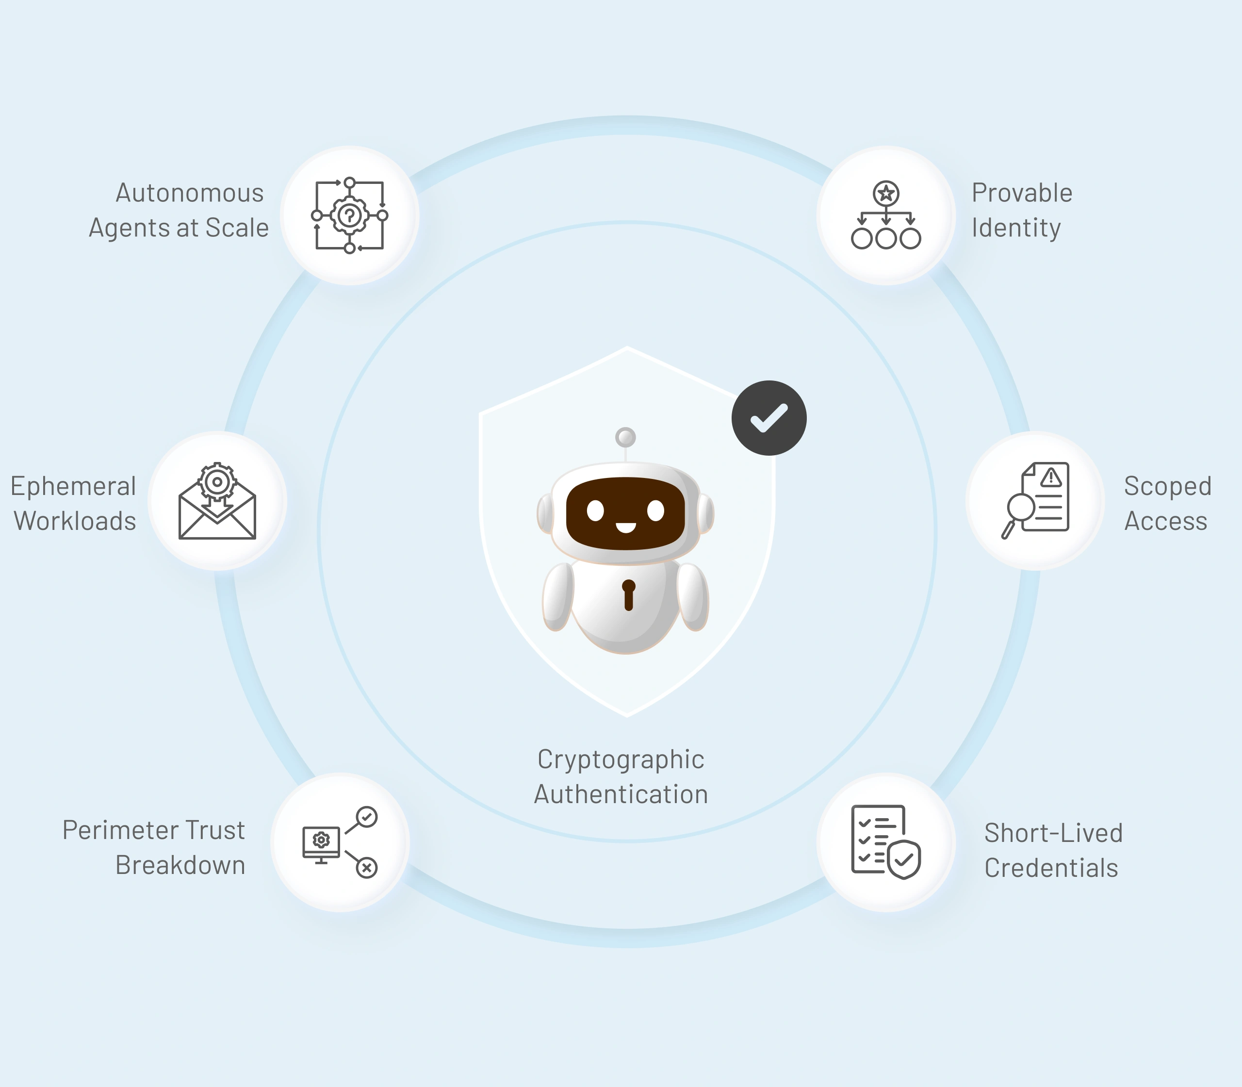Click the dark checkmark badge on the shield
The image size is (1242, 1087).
(769, 418)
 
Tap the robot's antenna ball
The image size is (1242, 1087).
(625, 437)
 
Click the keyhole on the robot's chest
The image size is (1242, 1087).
(629, 595)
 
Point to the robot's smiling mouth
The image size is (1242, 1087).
(626, 527)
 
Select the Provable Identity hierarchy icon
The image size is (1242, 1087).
(886, 215)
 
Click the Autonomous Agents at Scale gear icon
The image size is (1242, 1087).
(350, 215)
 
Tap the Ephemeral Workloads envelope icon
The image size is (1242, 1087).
(217, 500)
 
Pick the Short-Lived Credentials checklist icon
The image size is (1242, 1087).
(886, 842)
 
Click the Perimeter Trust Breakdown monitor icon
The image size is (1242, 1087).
(340, 842)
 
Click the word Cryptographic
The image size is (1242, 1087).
(621, 760)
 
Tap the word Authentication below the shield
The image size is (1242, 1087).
(621, 794)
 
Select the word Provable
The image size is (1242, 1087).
(1022, 193)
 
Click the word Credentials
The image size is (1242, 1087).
(1051, 868)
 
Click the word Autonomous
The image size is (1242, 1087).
(190, 193)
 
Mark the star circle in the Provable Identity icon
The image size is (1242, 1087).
(886, 194)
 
